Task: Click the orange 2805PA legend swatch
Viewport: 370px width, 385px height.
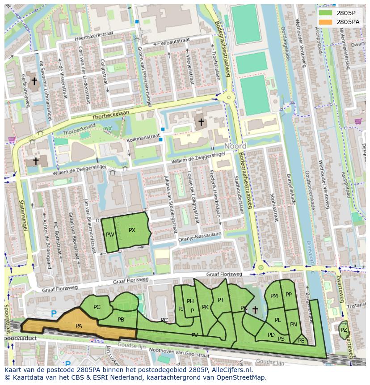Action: tap(325, 21)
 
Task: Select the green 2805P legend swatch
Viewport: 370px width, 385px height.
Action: tap(325, 13)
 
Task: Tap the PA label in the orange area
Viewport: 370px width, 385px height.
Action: tap(79, 326)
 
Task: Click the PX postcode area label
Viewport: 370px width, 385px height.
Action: tap(132, 230)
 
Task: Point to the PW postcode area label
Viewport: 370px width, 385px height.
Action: tap(110, 235)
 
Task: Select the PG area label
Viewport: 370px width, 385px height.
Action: tap(97, 307)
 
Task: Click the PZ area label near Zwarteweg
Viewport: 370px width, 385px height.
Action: tap(343, 330)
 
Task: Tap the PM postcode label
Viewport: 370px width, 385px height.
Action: tap(274, 296)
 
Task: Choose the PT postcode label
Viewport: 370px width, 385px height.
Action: tap(221, 300)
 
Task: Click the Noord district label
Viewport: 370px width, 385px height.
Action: tap(235, 147)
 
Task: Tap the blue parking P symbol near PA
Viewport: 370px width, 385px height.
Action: tap(54, 314)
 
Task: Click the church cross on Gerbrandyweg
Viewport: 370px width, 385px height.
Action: tap(34, 81)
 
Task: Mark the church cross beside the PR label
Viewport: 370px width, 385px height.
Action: tap(255, 309)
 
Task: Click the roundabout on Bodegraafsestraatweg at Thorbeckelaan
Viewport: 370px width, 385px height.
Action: tap(229, 97)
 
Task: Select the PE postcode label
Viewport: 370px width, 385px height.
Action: tap(301, 341)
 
